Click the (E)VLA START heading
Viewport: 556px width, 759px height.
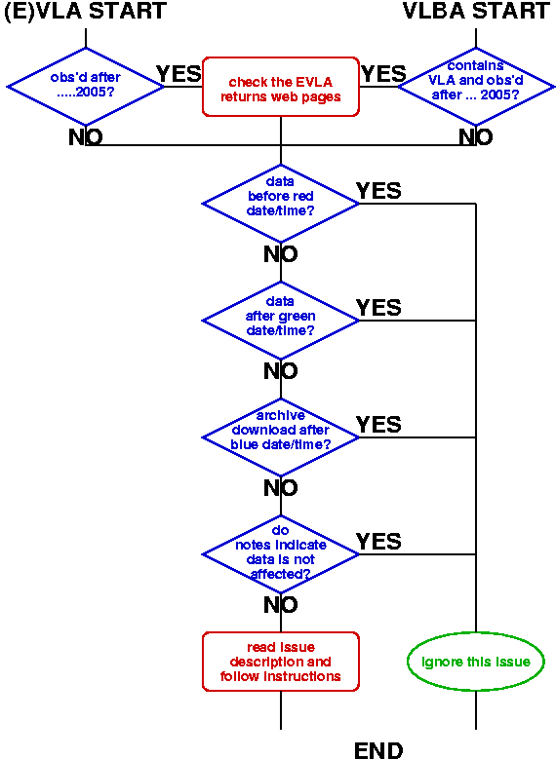pos(85,11)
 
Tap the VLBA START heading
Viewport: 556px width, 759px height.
pos(476,11)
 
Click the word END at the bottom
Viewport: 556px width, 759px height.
pos(378,750)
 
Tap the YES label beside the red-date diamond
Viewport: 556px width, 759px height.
pos(378,191)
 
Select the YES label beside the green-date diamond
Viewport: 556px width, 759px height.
pos(378,307)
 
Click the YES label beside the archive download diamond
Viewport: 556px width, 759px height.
pos(378,425)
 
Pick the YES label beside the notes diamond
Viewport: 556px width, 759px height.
pos(378,542)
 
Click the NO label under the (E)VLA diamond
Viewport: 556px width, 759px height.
pos(86,137)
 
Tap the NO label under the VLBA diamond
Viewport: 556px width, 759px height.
pos(476,137)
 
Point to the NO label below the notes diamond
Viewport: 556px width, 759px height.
pos(281,605)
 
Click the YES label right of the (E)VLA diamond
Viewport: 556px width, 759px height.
pos(179,74)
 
